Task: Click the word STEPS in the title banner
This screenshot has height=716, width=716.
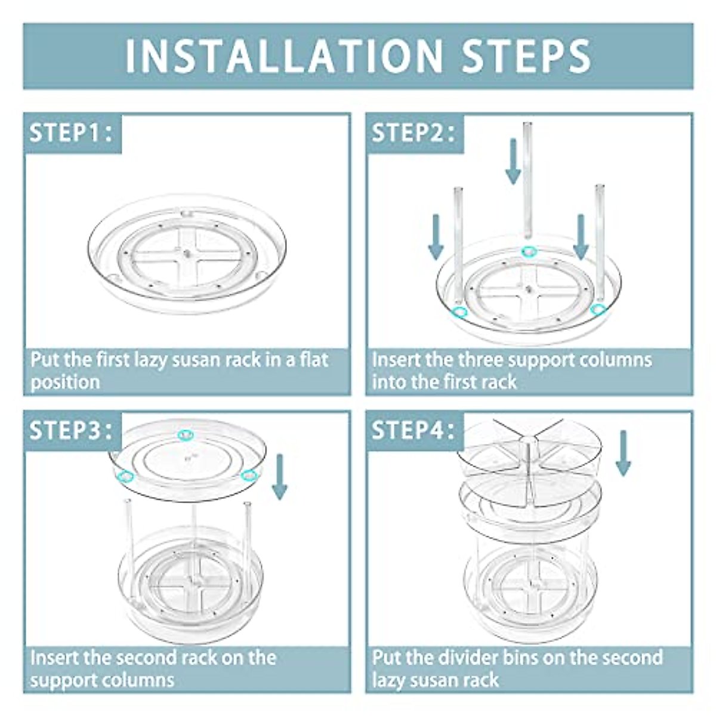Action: pyautogui.click(x=526, y=56)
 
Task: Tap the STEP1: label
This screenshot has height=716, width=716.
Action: pyautogui.click(x=70, y=132)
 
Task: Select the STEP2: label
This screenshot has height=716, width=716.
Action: pyautogui.click(x=413, y=132)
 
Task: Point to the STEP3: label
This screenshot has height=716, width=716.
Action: pyautogui.click(x=70, y=430)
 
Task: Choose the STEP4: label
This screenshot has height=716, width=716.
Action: pyautogui.click(x=413, y=430)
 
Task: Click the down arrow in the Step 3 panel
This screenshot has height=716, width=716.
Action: pyautogui.click(x=280, y=477)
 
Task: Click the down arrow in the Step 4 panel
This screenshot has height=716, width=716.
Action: pyautogui.click(x=623, y=453)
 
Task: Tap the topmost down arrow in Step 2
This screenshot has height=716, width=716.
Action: pyautogui.click(x=513, y=162)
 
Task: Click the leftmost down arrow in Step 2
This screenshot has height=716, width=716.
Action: pyautogui.click(x=436, y=237)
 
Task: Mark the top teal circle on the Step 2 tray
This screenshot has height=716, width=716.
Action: pyautogui.click(x=529, y=252)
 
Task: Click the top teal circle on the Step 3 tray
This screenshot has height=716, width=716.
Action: pyautogui.click(x=186, y=434)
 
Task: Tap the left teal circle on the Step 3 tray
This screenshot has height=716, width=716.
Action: pyautogui.click(x=125, y=475)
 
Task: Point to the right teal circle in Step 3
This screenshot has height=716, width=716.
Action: pyautogui.click(x=249, y=475)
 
